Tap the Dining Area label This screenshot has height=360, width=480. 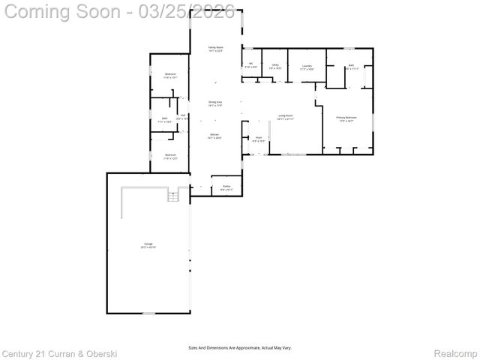pyautogui.click(x=215, y=103)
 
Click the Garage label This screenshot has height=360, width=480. pyautogui.click(x=148, y=245)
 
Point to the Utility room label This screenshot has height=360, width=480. pyautogui.click(x=275, y=67)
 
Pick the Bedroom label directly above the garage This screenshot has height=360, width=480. pyautogui.click(x=170, y=157)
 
